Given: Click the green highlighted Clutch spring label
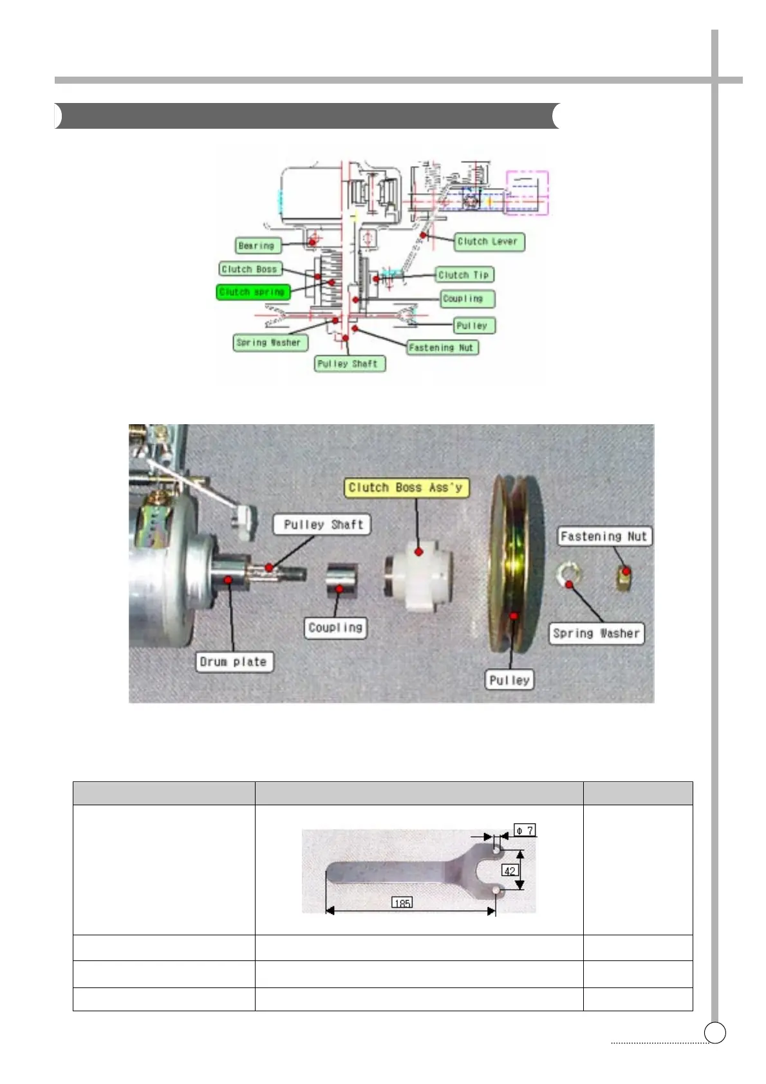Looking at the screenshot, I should [252, 292].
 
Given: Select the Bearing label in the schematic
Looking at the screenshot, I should [256, 245].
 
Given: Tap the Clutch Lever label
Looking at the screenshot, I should [487, 241].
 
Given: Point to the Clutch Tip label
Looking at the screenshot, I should [463, 275].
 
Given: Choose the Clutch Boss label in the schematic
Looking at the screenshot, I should [249, 269].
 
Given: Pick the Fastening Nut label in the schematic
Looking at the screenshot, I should [442, 348].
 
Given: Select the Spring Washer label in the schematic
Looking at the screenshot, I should [268, 342].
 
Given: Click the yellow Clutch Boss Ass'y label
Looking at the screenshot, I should [406, 488].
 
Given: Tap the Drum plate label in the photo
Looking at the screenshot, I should [233, 662].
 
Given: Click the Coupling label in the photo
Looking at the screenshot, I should [335, 628].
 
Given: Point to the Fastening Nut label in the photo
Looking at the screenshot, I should [603, 536].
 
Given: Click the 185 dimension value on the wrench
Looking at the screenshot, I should [402, 903].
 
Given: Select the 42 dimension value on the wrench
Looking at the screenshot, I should [509, 871].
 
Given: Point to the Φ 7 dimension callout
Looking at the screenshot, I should [525, 830].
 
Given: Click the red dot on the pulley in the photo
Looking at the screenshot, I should [514, 616].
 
